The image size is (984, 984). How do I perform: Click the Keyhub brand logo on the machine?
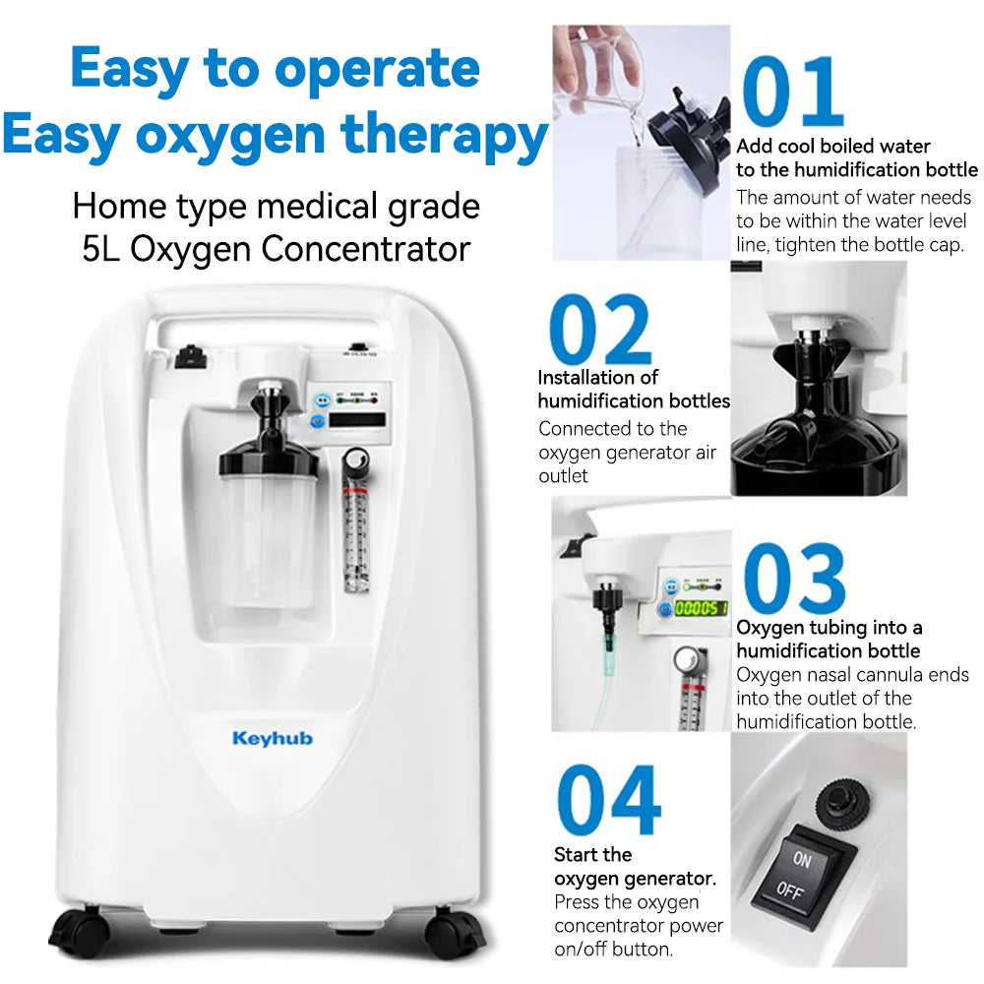tap(273, 738)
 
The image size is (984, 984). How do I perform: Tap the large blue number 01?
tap(793, 93)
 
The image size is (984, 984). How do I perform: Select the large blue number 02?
tap(599, 330)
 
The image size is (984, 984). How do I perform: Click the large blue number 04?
tap(608, 801)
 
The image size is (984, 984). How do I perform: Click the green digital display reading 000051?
tap(701, 608)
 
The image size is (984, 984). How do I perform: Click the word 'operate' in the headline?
tap(376, 69)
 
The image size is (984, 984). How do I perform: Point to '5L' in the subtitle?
tap(102, 249)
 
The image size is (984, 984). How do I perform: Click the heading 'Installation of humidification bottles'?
tap(633, 390)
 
